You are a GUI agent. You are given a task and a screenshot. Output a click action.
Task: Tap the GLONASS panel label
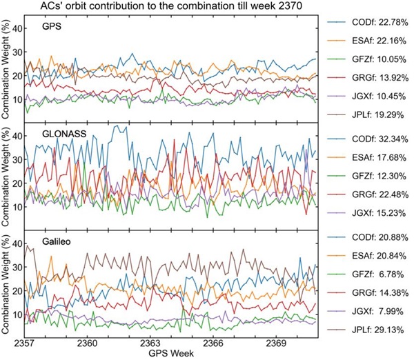pos(50,136)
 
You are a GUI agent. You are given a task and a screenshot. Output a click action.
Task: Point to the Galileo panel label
pos(45,243)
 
